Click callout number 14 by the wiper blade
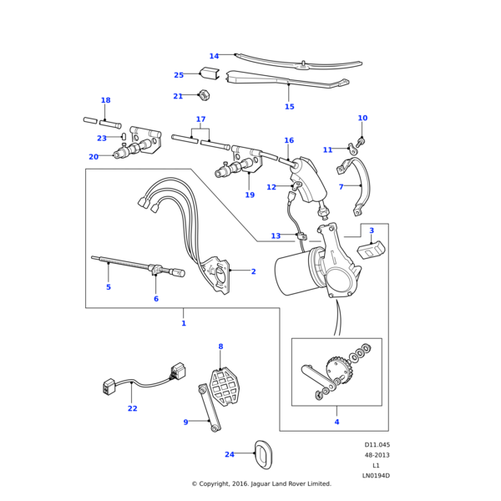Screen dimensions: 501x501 click(x=214, y=57)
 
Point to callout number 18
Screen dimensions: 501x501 click(x=105, y=100)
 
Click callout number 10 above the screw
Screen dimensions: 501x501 click(x=362, y=119)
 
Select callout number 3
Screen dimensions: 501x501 click(x=372, y=230)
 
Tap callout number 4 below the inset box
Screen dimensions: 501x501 click(x=337, y=422)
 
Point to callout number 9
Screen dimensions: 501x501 click(x=185, y=423)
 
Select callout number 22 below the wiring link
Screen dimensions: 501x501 click(x=133, y=408)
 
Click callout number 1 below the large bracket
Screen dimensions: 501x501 click(x=184, y=323)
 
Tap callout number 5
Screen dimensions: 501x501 click(x=108, y=287)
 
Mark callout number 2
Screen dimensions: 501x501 click(x=253, y=271)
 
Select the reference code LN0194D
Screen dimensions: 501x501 click(x=376, y=476)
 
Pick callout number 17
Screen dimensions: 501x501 click(x=200, y=119)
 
